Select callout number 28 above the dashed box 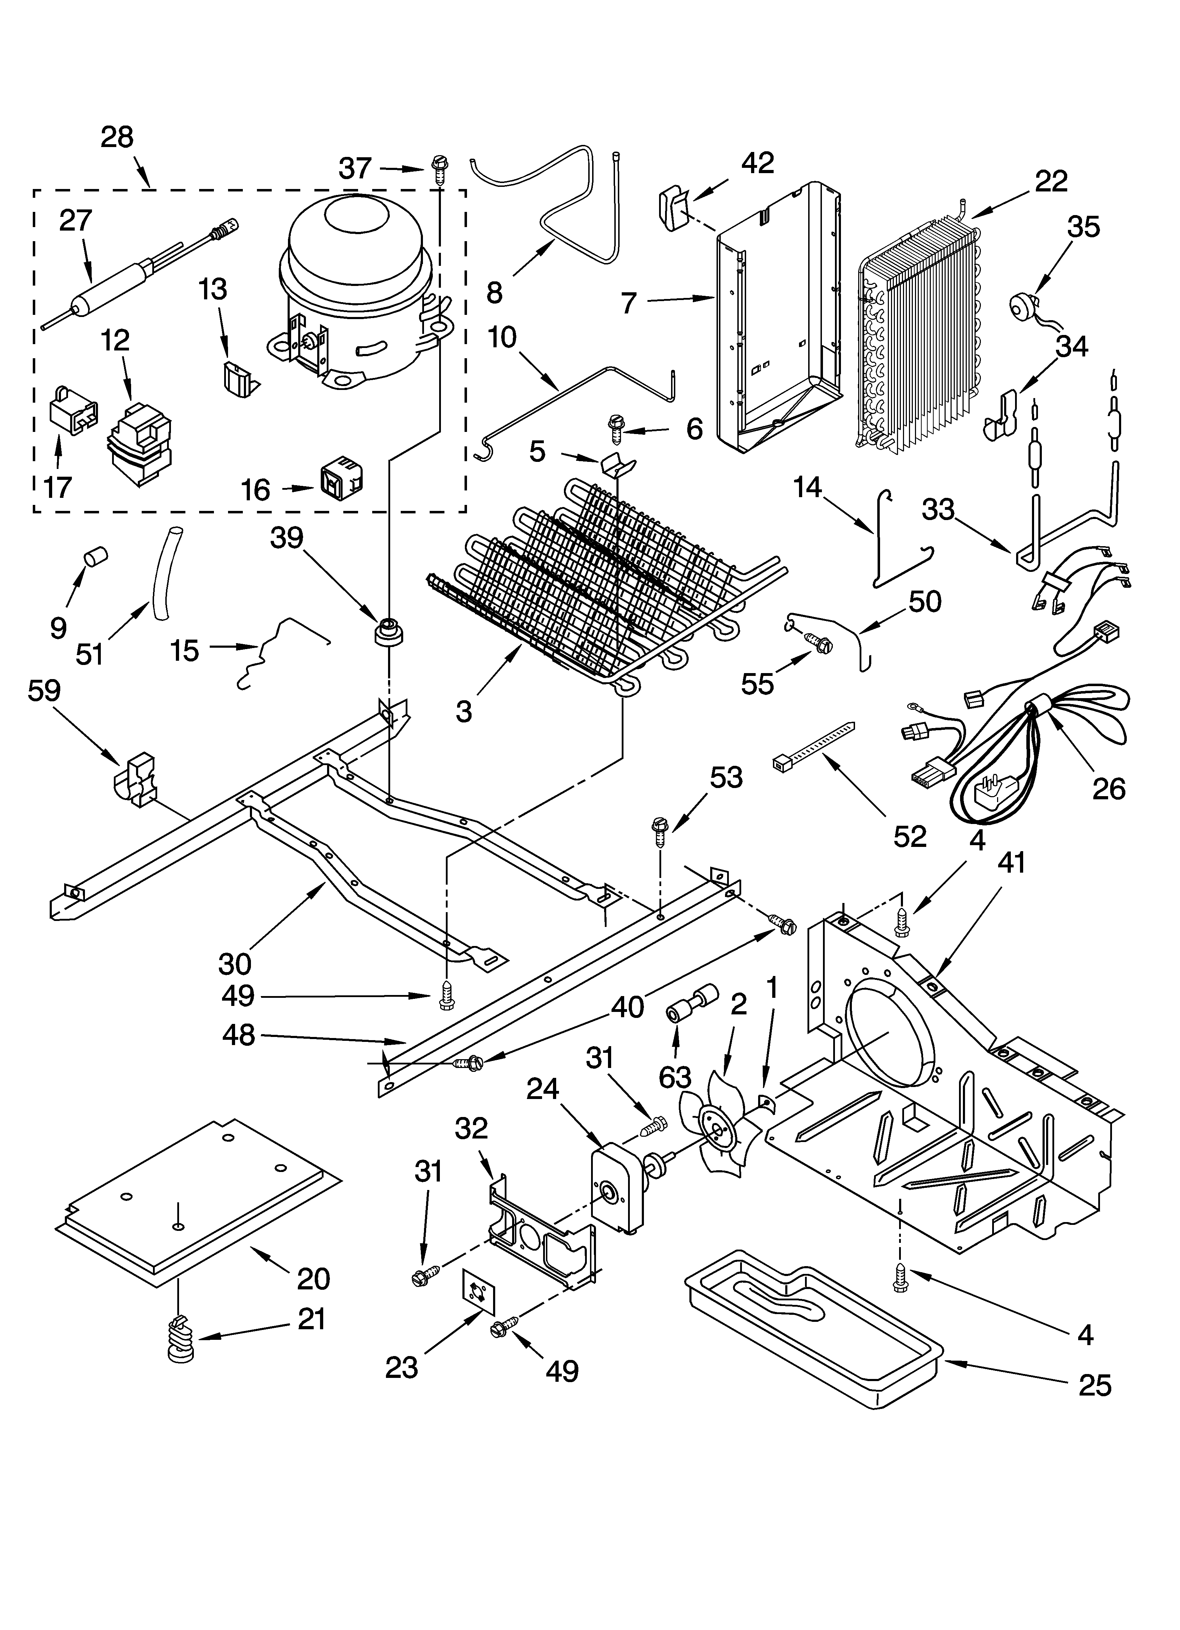click(117, 136)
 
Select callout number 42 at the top click(757, 164)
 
